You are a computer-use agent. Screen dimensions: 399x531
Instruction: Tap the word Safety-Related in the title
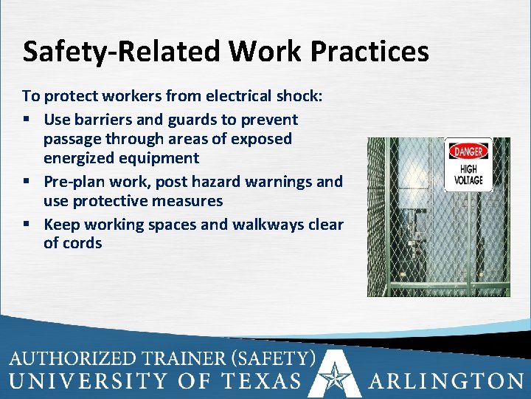coord(121,52)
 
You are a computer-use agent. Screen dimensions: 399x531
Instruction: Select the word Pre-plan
coord(72,182)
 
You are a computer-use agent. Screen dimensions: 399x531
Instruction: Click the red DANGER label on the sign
coord(468,151)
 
